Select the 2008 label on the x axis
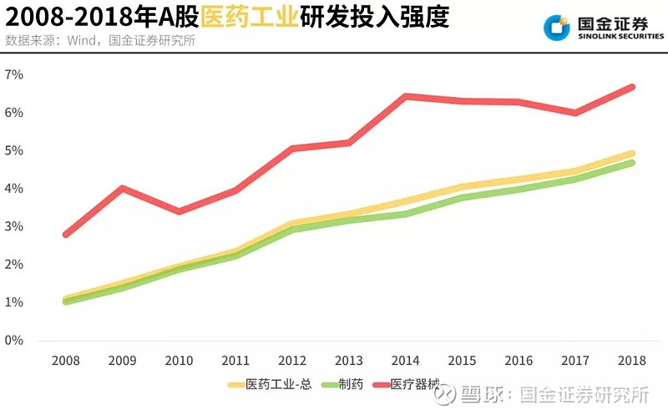tap(65, 361)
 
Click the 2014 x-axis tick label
tap(406, 361)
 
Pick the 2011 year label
tap(235, 361)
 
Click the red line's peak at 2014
tap(406, 96)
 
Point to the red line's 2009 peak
tap(123, 188)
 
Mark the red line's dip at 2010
tap(179, 211)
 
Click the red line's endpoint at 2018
tap(632, 87)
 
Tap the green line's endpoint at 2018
tap(632, 163)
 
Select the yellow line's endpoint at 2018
tap(632, 154)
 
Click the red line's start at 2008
tap(65, 235)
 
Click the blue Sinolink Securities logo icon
tap(556, 28)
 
